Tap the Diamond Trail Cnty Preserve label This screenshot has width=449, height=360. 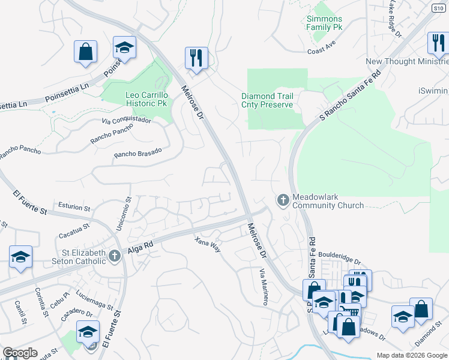(267, 100)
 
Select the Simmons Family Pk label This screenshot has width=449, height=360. (324, 23)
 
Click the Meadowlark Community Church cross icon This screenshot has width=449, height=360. (282, 200)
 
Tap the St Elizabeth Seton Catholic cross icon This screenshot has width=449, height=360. (114, 256)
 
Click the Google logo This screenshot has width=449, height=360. (20, 353)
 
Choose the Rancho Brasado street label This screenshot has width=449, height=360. (138, 154)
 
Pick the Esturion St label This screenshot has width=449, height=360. (74, 208)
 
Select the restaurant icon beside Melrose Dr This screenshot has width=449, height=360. (196, 59)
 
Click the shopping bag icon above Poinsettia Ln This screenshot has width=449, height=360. (86, 52)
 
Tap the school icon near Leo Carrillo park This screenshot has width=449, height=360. (125, 47)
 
